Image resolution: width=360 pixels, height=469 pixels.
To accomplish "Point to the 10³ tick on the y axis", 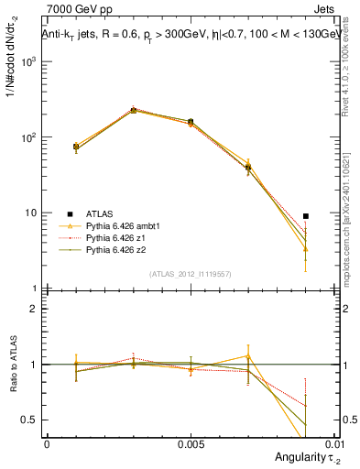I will (x=27, y=62).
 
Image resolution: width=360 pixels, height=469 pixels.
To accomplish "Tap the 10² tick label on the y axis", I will (x=27, y=137).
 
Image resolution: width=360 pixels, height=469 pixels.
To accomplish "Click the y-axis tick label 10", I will (x=31, y=213).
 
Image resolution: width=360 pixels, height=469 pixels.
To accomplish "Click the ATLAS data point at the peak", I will (x=134, y=110).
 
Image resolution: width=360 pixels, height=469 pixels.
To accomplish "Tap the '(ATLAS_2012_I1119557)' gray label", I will (x=191, y=274).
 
